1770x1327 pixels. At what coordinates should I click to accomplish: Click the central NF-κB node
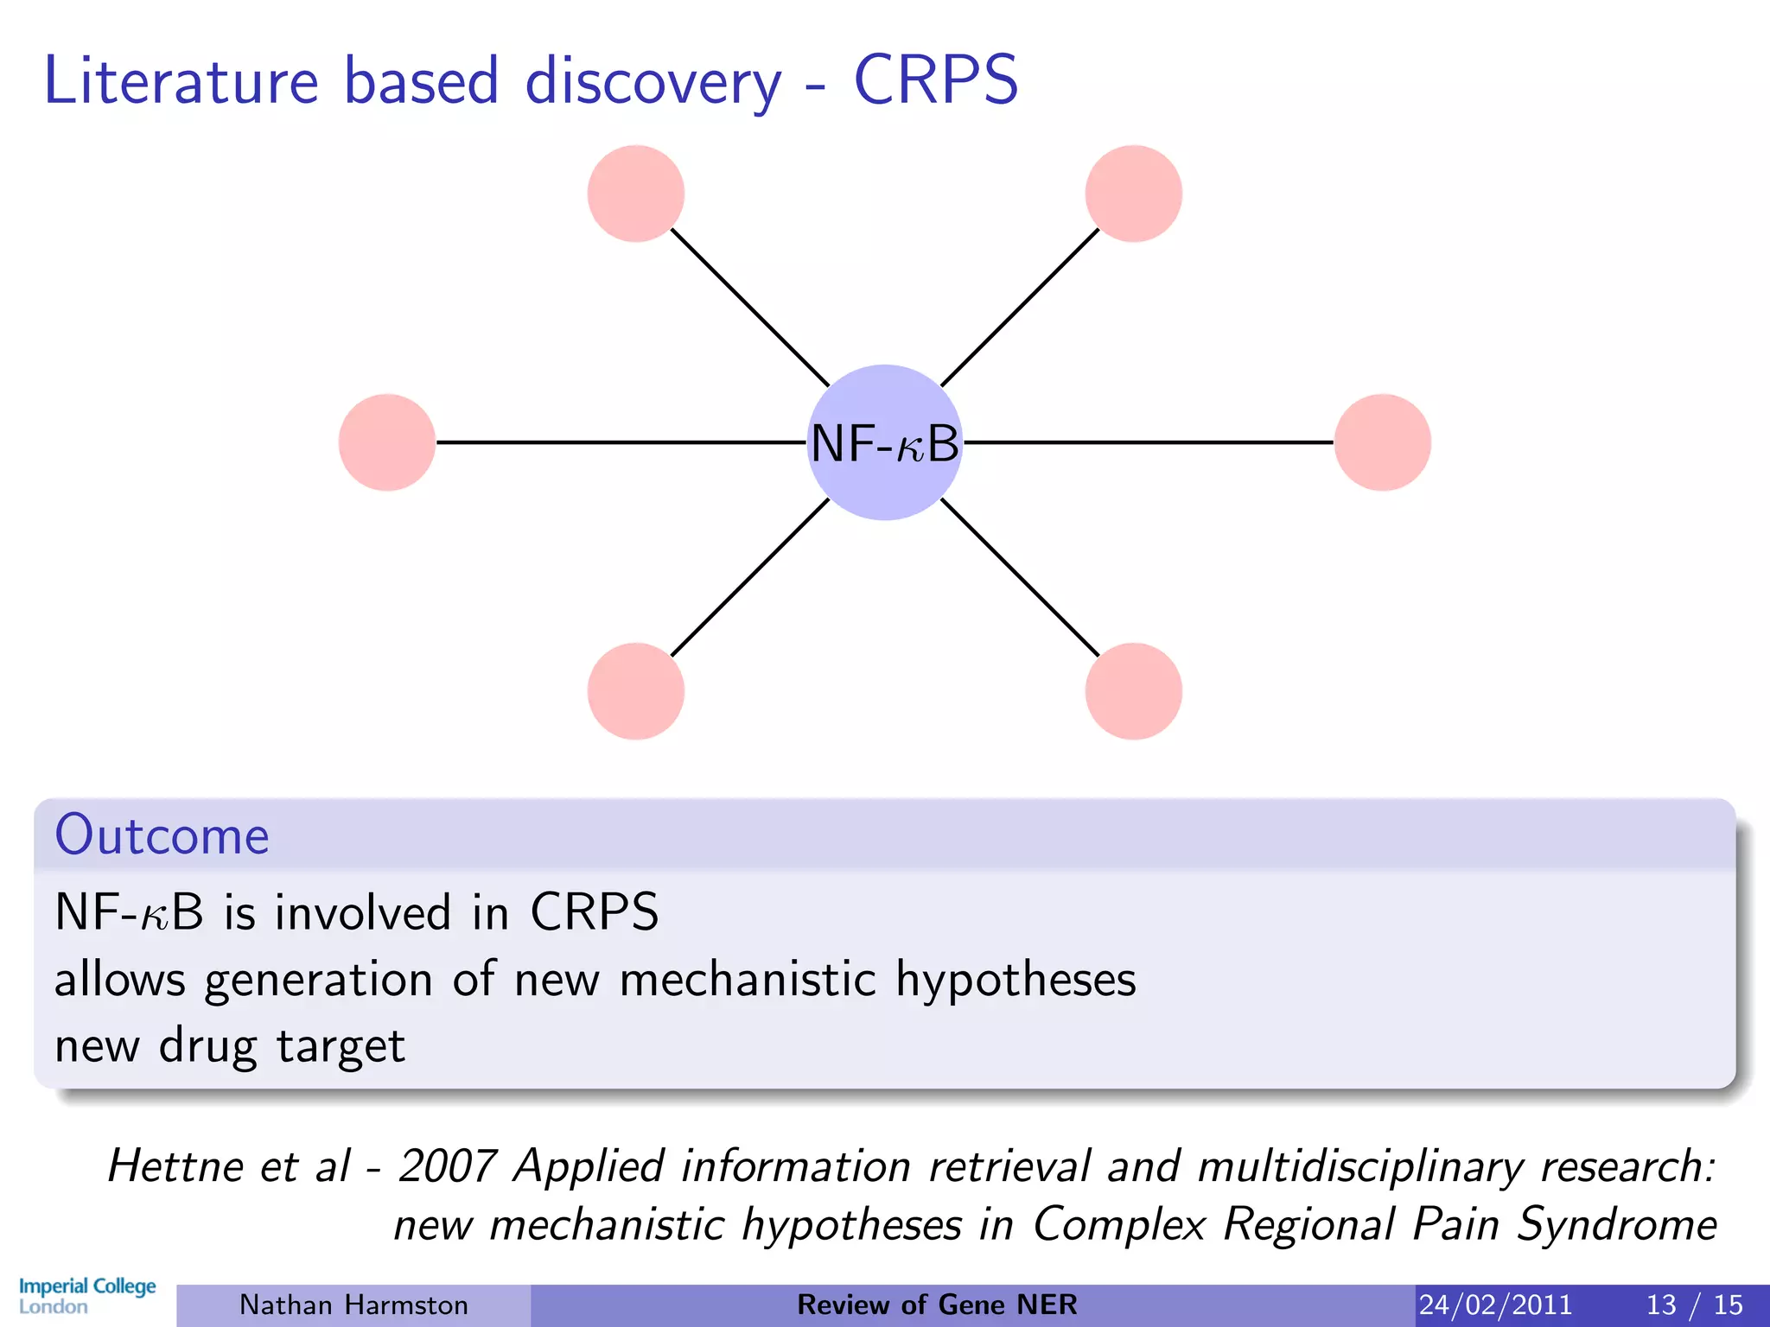pyautogui.click(x=884, y=442)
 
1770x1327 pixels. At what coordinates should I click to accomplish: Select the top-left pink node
pyautogui.click(x=636, y=194)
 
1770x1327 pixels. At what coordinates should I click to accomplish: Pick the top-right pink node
pyautogui.click(x=1133, y=194)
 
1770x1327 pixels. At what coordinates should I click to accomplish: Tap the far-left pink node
pyautogui.click(x=387, y=442)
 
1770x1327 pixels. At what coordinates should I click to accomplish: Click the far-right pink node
pyautogui.click(x=1382, y=442)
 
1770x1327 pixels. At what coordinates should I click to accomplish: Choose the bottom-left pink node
pyautogui.click(x=636, y=691)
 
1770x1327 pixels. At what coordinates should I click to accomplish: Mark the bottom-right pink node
pyautogui.click(x=1133, y=691)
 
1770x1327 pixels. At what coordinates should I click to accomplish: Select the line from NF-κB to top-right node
pyautogui.click(x=1020, y=308)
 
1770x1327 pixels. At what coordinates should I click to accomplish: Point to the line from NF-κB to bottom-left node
pyautogui.click(x=749, y=578)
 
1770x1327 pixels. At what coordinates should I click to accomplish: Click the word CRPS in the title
pyautogui.click(x=936, y=80)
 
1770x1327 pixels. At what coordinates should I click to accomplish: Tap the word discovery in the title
pyautogui.click(x=653, y=83)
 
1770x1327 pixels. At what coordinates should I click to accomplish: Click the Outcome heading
pyautogui.click(x=162, y=835)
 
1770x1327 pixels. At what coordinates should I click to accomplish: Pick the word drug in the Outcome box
pyautogui.click(x=207, y=1047)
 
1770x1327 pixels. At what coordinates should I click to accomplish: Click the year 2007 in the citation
pyautogui.click(x=447, y=1166)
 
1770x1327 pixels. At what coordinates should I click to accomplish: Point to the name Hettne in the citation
pyautogui.click(x=175, y=1166)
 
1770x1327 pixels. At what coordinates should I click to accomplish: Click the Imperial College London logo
pyautogui.click(x=86, y=1296)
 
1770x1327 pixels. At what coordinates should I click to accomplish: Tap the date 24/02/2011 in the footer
pyautogui.click(x=1495, y=1305)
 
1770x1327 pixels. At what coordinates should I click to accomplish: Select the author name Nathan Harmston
pyautogui.click(x=353, y=1305)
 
